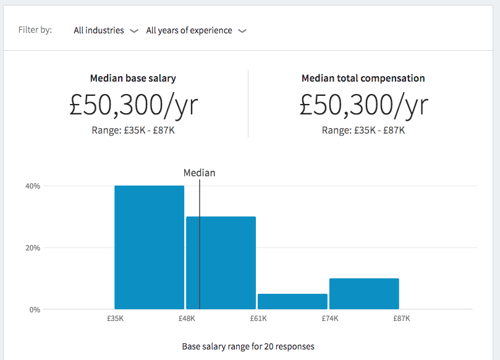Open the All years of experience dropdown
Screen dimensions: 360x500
click(x=196, y=30)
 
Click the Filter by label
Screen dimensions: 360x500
click(x=35, y=30)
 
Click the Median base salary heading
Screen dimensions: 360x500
click(x=133, y=79)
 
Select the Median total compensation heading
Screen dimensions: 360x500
click(x=363, y=79)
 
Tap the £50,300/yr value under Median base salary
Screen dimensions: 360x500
click(x=133, y=105)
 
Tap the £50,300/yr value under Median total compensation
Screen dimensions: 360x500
click(x=363, y=105)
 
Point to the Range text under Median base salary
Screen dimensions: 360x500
click(x=133, y=131)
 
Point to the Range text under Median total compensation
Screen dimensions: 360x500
click(x=363, y=131)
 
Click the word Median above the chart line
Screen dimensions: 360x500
click(x=200, y=173)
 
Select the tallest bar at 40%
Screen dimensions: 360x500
click(x=149, y=247)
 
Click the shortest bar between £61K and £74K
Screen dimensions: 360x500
click(x=292, y=302)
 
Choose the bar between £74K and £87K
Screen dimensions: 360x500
click(x=364, y=294)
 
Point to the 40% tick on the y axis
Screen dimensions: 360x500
click(x=32, y=186)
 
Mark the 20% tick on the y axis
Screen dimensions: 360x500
click(x=32, y=248)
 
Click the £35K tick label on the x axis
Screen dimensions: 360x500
click(x=115, y=319)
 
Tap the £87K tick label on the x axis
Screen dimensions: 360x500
click(x=402, y=319)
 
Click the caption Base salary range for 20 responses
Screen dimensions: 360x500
click(x=248, y=346)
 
